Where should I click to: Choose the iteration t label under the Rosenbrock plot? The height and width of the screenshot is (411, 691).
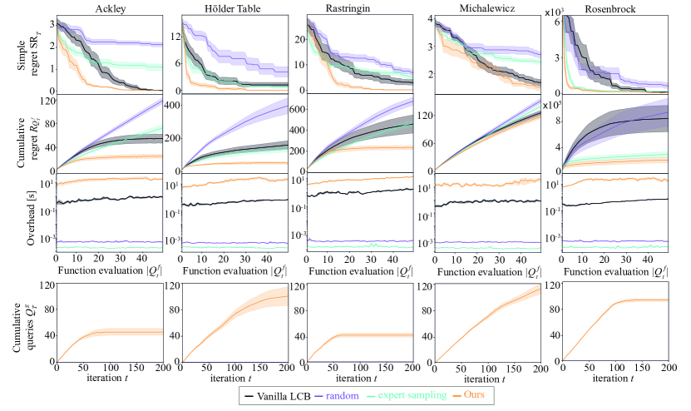[x=614, y=379]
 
